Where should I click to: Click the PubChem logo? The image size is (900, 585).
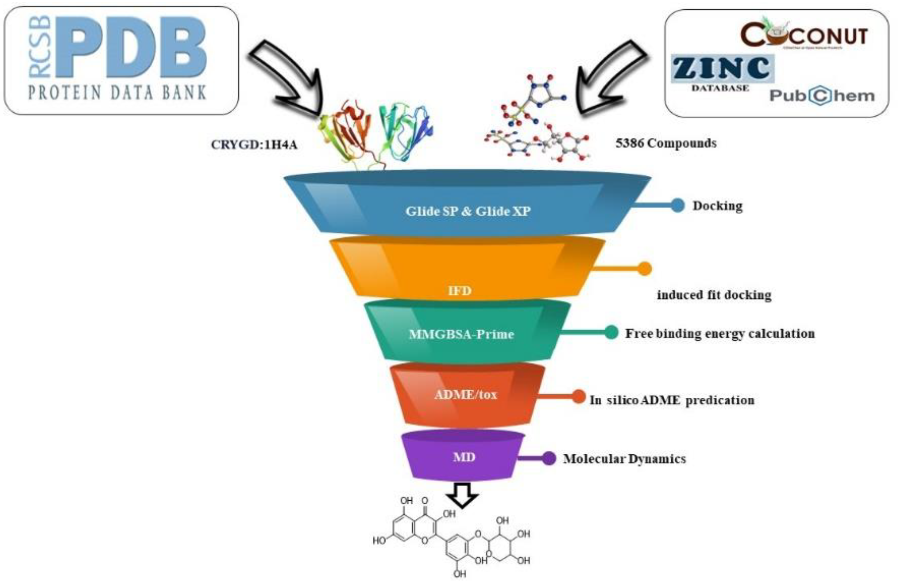pos(822,96)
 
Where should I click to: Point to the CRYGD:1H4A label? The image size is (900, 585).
pos(254,144)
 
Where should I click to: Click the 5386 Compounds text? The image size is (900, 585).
pos(666,143)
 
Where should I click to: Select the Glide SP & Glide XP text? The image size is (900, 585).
pos(468,211)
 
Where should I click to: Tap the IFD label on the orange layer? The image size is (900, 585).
pos(460,290)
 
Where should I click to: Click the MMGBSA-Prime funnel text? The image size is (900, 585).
pos(461,334)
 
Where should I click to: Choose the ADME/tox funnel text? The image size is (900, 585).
pos(465,395)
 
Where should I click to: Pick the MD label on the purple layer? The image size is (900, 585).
pos(464,457)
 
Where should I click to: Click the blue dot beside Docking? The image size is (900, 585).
pos(678,205)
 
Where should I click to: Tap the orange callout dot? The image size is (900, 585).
pos(645,269)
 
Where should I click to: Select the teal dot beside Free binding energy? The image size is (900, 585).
pos(611,332)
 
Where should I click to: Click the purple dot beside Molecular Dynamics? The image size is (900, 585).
pos(549,458)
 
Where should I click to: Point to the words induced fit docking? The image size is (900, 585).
pos(714,295)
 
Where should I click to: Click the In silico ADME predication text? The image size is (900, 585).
pos(672,400)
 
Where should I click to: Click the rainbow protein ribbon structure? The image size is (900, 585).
pos(376,132)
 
